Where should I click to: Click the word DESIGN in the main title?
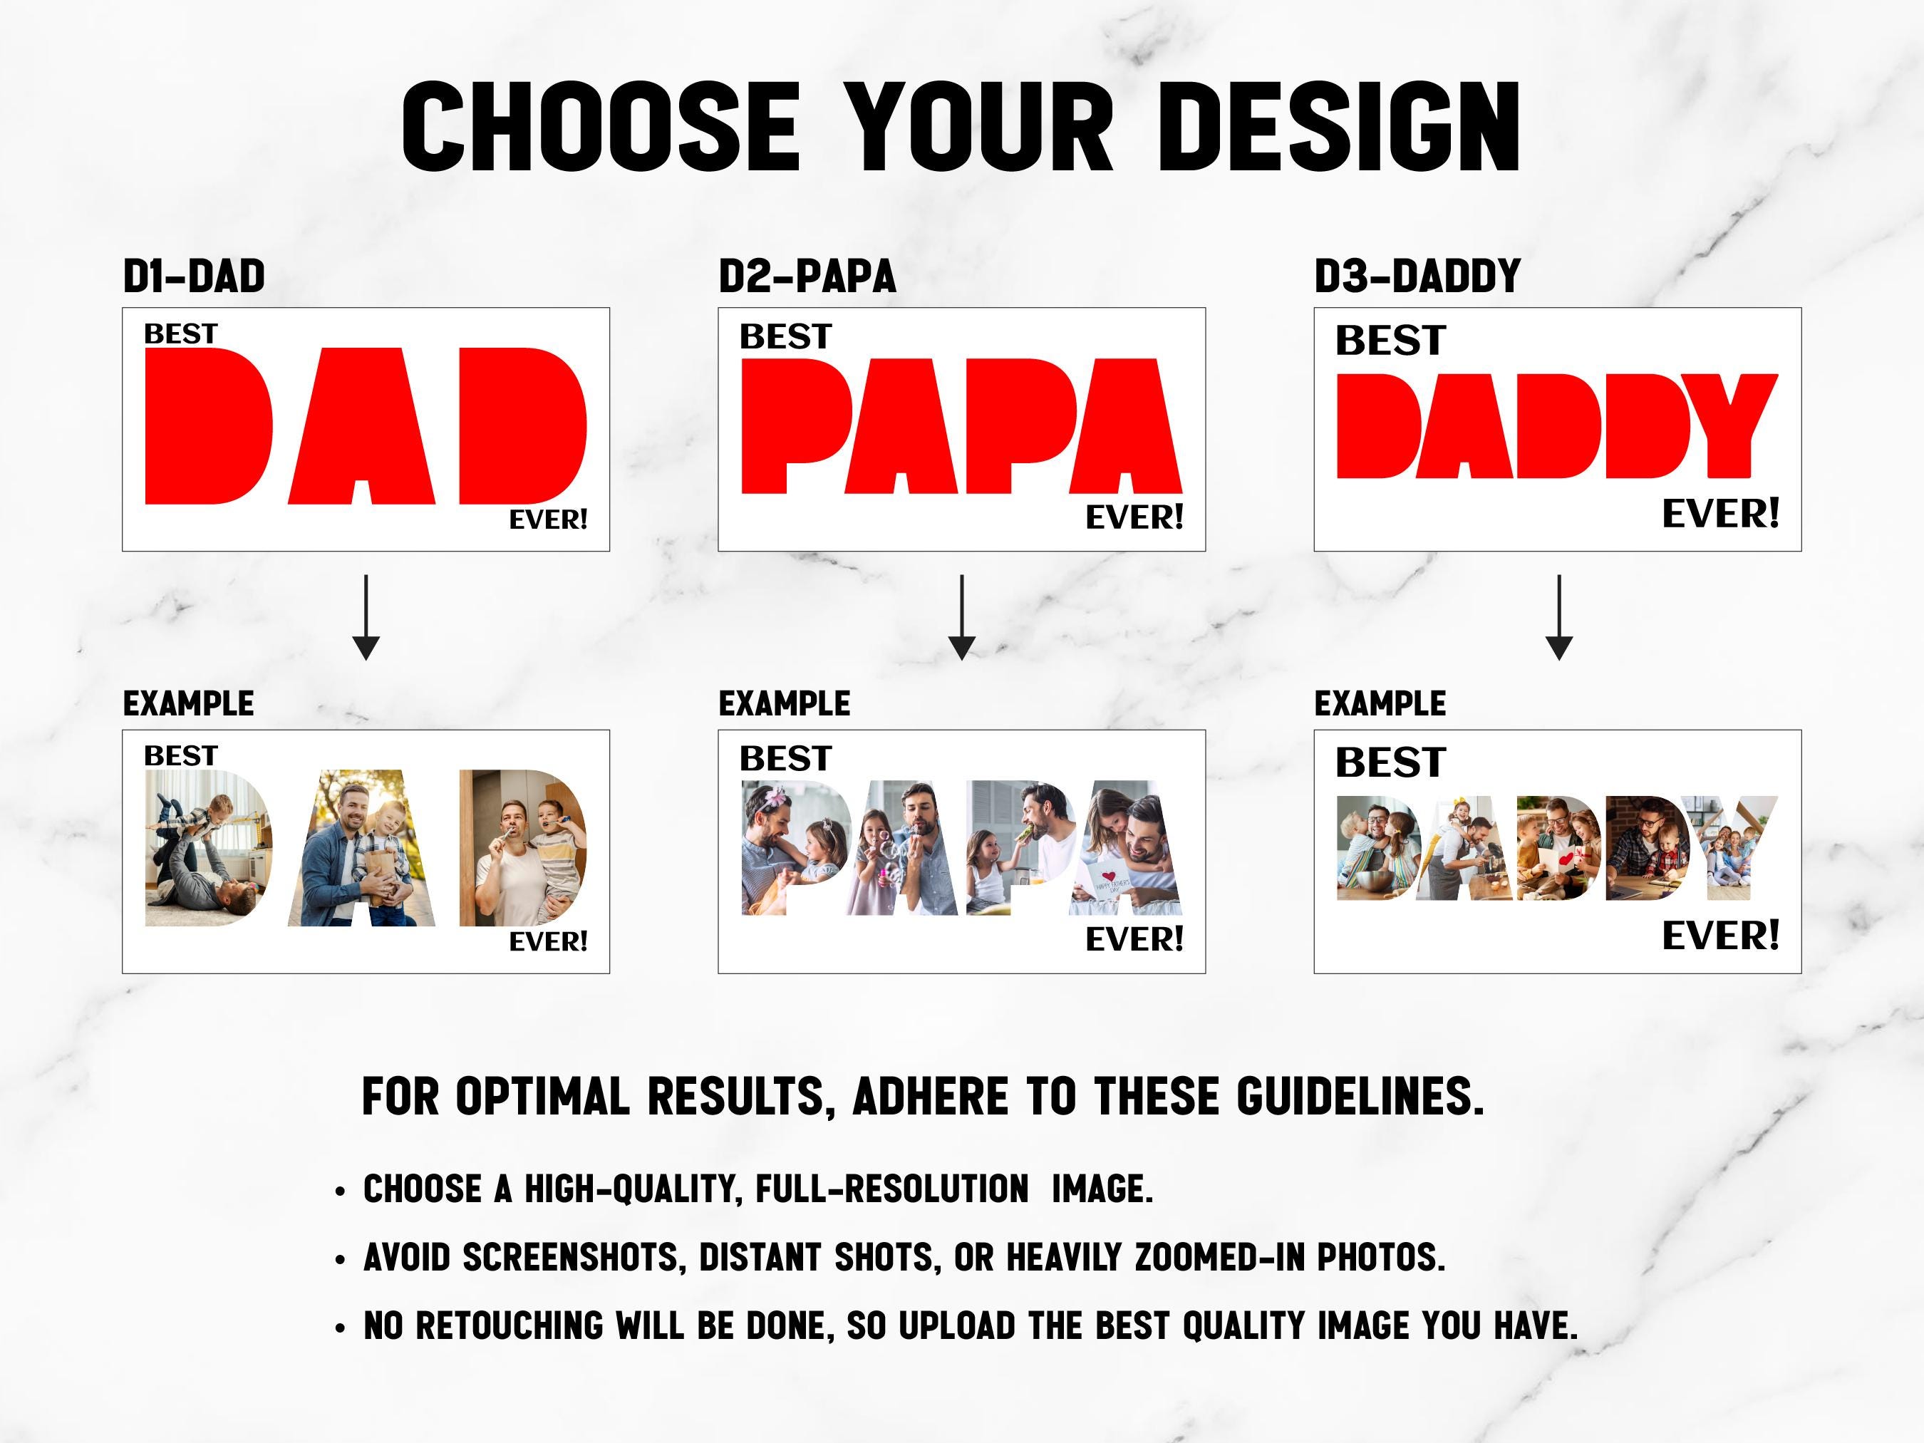point(1338,127)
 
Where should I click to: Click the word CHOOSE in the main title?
point(600,127)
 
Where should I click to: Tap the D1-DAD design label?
point(194,276)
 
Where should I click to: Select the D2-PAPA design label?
point(807,276)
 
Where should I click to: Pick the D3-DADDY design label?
point(1417,276)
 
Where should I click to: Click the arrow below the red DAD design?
point(366,616)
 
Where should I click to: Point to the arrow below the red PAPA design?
point(961,616)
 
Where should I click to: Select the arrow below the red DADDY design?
point(1558,616)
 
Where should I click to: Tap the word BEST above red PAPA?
point(785,336)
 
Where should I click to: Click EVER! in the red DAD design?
point(548,520)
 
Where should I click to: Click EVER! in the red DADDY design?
point(1720,514)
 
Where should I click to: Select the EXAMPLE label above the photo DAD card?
point(188,703)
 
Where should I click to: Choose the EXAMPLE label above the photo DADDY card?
point(1380,703)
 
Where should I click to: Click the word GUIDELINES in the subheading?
point(1360,1097)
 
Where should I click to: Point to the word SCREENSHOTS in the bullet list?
point(571,1258)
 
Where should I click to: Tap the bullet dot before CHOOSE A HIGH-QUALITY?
point(340,1191)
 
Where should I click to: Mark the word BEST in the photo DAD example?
point(180,756)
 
